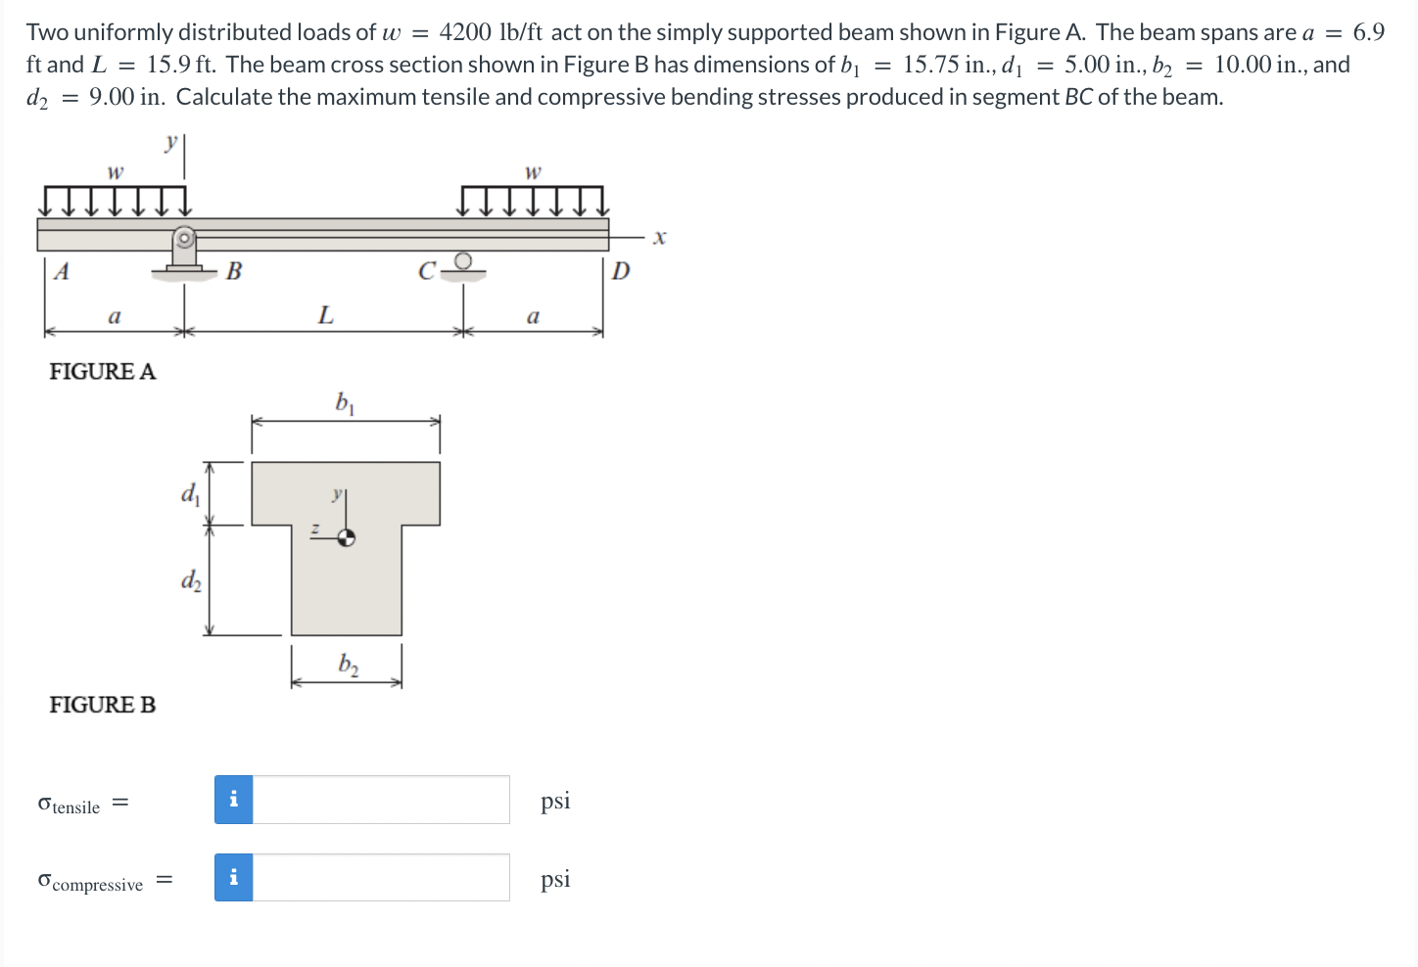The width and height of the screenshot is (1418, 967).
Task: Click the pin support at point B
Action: tap(184, 253)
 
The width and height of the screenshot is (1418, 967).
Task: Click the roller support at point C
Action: tap(463, 265)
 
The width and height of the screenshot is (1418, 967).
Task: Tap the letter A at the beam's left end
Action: tap(62, 271)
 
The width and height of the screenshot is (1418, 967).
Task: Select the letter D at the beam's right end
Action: tap(621, 270)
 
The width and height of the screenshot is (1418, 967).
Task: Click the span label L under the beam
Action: tap(325, 315)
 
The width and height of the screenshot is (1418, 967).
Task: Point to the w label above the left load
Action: tap(115, 172)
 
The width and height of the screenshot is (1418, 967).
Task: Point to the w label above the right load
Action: tap(533, 172)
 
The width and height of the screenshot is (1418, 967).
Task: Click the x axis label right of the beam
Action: tap(659, 237)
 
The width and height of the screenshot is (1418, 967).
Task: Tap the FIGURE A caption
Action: tap(103, 372)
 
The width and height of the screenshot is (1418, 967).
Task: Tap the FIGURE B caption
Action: tap(103, 705)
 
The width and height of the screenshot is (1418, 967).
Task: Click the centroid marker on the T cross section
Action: tap(346, 536)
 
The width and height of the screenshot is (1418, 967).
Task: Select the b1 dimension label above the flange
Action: tap(345, 402)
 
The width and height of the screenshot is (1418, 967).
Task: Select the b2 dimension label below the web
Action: tap(348, 665)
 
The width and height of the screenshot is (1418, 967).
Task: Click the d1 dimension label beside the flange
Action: tap(190, 492)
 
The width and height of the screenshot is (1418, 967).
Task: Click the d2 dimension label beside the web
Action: tap(191, 579)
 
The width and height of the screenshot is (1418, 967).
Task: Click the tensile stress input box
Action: tap(381, 800)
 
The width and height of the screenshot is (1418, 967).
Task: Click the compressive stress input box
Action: tap(381, 878)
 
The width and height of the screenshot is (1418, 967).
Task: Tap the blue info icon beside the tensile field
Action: tap(234, 800)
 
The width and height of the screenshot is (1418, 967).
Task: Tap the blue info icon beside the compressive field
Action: tap(234, 878)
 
